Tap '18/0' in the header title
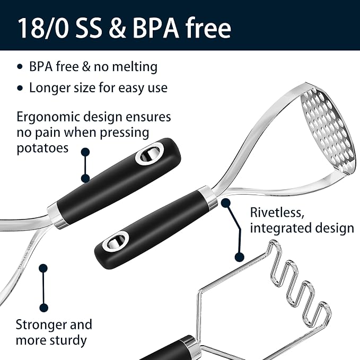click(43, 28)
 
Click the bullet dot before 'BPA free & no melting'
click(20, 67)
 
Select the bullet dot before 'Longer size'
click(20, 88)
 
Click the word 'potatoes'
click(42, 148)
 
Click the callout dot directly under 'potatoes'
click(85, 152)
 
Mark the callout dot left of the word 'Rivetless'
click(226, 203)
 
